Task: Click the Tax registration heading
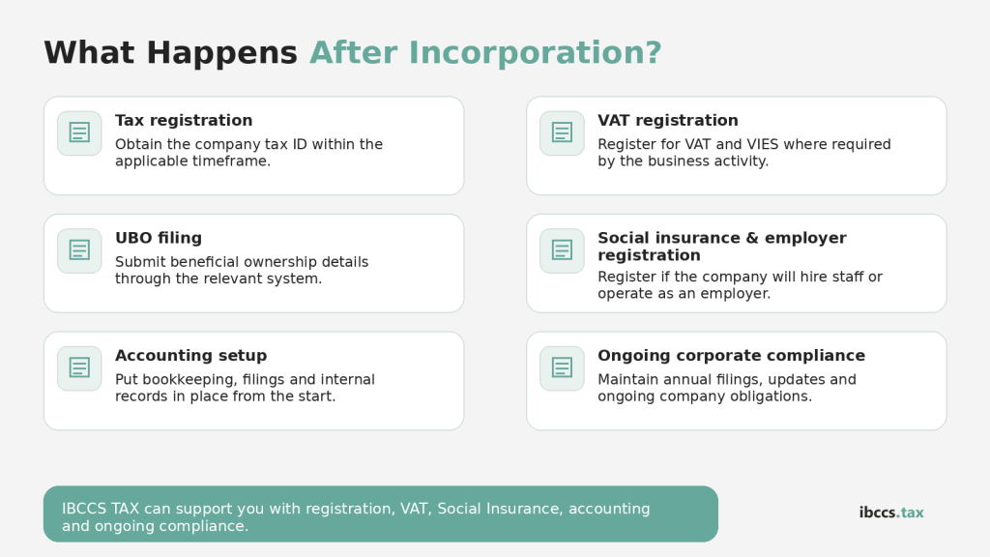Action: click(x=184, y=121)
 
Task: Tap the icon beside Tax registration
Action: click(x=79, y=132)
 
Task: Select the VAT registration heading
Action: click(x=667, y=121)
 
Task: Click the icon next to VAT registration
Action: click(x=562, y=132)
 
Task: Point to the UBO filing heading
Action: click(x=159, y=238)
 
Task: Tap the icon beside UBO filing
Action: click(x=79, y=250)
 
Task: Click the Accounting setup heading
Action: click(x=190, y=356)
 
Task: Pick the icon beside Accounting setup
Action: click(x=79, y=368)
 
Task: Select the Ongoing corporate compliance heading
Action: click(x=731, y=356)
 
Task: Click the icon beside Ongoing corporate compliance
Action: click(x=562, y=368)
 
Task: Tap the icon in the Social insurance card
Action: click(x=562, y=250)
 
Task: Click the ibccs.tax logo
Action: click(x=891, y=513)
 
